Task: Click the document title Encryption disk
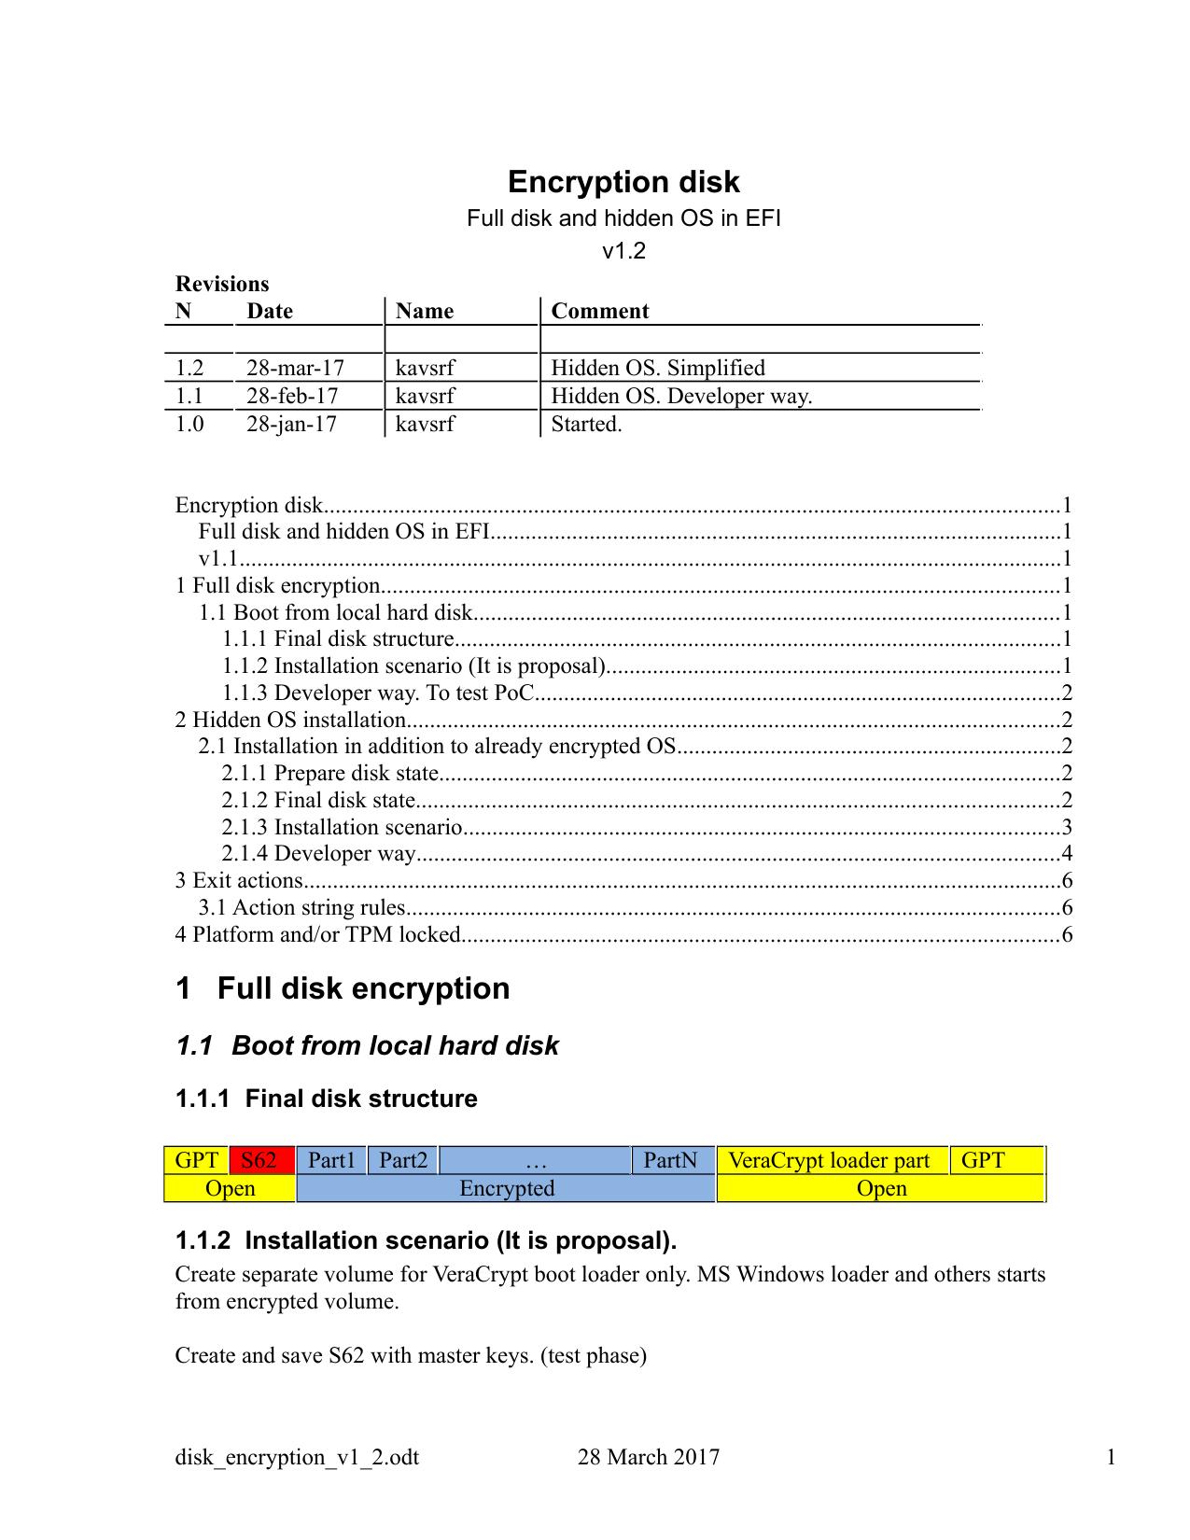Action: [623, 182]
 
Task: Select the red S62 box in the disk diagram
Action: [259, 1160]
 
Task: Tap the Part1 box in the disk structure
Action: [332, 1160]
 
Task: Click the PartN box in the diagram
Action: [671, 1160]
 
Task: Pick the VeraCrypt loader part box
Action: [829, 1160]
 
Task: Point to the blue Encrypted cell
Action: [506, 1188]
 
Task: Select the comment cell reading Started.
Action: [586, 424]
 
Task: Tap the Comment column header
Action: [599, 311]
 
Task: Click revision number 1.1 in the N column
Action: [189, 396]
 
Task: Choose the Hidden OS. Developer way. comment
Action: [681, 396]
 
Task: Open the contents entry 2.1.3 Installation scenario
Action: [343, 827]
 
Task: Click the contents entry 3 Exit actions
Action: [240, 880]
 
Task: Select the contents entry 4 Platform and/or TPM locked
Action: [318, 934]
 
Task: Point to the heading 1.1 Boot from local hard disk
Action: [367, 1045]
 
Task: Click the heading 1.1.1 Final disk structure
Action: [326, 1099]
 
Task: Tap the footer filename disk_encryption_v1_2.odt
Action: [297, 1457]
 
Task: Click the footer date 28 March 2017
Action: [649, 1457]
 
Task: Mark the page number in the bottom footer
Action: [1111, 1457]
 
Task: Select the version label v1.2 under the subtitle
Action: [623, 251]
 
